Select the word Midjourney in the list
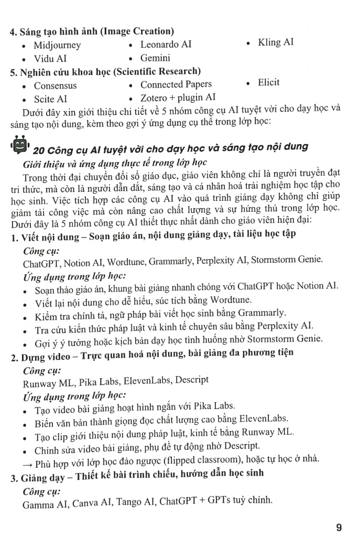click(x=57, y=45)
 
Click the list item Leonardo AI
click(x=166, y=44)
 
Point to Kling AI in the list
click(x=276, y=42)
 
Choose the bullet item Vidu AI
click(x=50, y=59)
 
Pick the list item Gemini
click(x=155, y=58)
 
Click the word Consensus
click(x=55, y=85)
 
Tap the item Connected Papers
click(x=176, y=84)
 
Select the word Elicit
click(x=269, y=82)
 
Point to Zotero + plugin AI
click(x=178, y=98)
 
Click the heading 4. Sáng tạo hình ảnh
click(x=92, y=31)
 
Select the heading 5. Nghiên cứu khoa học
click(x=105, y=71)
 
